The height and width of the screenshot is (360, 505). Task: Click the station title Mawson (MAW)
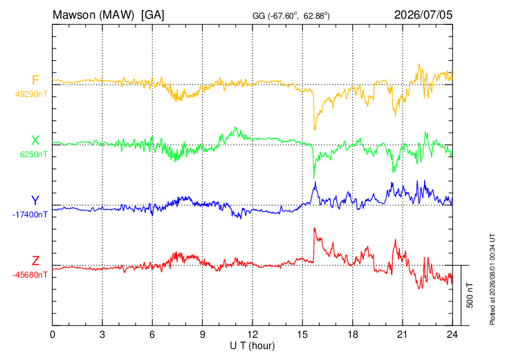(93, 15)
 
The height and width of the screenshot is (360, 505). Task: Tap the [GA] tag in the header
(153, 15)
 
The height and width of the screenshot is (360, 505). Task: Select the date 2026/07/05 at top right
(423, 15)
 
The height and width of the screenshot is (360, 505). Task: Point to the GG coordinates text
(291, 16)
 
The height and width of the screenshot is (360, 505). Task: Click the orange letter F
(35, 80)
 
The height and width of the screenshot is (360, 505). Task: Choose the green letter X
(35, 141)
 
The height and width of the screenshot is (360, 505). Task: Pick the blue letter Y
(35, 201)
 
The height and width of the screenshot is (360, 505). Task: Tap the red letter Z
(35, 261)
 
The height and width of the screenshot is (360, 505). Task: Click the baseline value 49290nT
(31, 94)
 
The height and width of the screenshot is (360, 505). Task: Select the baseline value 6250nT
(33, 154)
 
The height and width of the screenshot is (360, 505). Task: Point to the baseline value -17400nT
(30, 215)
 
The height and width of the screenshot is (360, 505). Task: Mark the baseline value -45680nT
(30, 275)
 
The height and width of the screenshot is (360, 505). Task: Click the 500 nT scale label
(470, 295)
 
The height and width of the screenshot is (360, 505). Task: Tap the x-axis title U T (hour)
(252, 346)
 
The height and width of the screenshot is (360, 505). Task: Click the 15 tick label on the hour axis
(302, 335)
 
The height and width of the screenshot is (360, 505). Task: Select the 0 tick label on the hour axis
(53, 335)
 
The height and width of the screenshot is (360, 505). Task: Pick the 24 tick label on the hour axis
(452, 335)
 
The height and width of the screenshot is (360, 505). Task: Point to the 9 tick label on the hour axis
(202, 335)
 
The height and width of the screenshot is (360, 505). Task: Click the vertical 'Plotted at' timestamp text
(492, 279)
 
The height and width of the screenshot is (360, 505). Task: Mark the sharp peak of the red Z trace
(314, 228)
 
